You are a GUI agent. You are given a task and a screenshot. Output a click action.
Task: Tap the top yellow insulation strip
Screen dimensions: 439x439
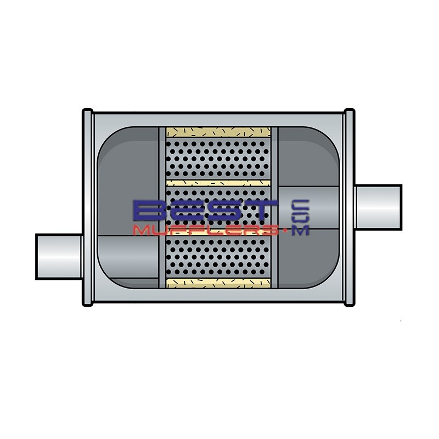(x=218, y=132)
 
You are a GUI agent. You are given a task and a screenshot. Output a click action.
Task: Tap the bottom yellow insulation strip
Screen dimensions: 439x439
(x=218, y=283)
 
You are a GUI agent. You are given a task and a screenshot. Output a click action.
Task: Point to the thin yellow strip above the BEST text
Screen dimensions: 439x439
(x=218, y=183)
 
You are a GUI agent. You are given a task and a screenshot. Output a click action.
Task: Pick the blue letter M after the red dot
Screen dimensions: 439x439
(x=301, y=230)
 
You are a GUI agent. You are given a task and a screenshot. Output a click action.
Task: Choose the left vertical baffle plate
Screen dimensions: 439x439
(x=162, y=209)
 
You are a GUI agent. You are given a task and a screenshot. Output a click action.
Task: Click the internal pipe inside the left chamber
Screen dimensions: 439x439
(x=126, y=257)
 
